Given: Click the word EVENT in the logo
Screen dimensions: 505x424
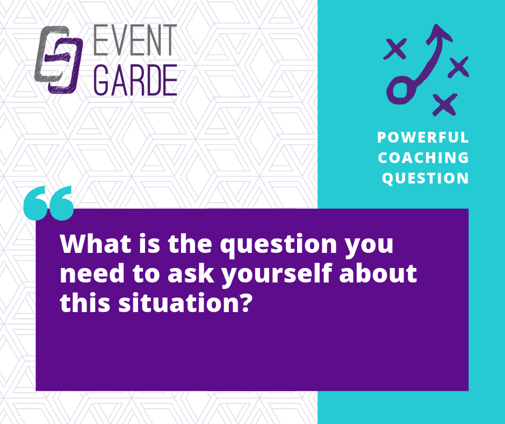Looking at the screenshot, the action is pos(135,40).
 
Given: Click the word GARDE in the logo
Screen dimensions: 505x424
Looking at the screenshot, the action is pos(135,80).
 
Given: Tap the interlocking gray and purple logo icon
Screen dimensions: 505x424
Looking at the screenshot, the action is pos(59,60).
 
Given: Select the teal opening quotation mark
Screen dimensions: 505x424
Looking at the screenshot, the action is pos(49,203).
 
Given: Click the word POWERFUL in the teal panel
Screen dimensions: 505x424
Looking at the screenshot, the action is pos(423,137).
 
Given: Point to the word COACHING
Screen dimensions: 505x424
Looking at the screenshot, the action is pos(423,158).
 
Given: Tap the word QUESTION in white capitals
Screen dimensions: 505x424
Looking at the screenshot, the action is pos(425,178).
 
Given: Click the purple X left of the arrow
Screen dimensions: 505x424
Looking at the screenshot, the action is pos(395,49).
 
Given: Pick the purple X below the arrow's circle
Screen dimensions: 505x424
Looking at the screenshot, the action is pos(445,104).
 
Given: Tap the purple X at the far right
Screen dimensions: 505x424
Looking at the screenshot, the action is pos(458,67).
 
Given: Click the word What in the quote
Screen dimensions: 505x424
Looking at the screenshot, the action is pos(95,244).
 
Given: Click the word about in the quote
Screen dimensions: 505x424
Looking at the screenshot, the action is pos(378,273).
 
